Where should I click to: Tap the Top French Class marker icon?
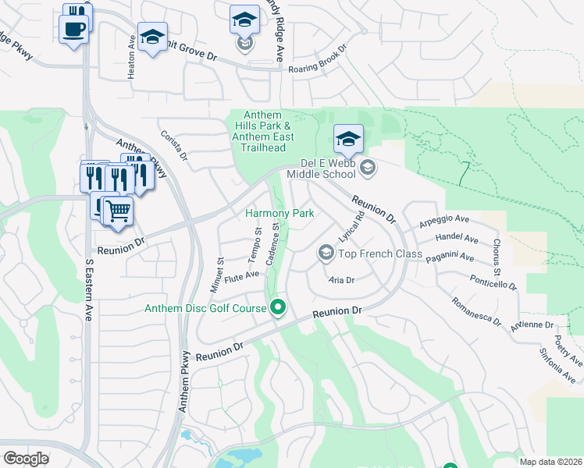(326, 253)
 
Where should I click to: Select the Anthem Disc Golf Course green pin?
(278, 307)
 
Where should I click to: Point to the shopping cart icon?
(118, 210)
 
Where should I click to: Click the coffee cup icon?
(73, 29)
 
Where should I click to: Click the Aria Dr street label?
(342, 279)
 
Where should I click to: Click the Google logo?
(26, 458)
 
